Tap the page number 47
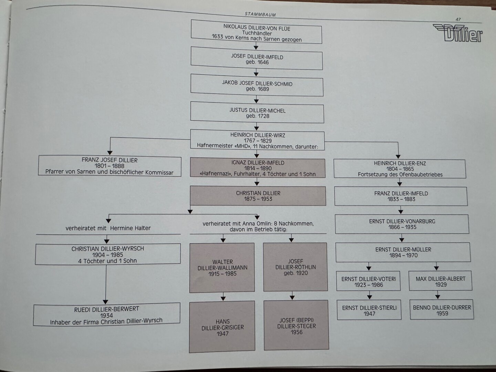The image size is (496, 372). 458,20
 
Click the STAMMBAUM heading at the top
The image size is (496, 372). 260,14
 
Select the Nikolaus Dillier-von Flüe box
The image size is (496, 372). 257,32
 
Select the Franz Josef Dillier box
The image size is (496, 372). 110,166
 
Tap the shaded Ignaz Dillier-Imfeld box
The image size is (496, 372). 258,168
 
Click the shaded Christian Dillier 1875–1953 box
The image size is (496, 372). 258,196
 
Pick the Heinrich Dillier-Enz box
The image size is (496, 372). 400,169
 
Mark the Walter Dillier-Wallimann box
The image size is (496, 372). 222,268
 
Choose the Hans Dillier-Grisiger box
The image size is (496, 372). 222,327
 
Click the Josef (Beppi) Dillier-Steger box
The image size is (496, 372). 296,325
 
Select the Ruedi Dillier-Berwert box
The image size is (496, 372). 106,314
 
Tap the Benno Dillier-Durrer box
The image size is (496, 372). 442,310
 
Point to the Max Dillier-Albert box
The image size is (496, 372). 440,281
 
